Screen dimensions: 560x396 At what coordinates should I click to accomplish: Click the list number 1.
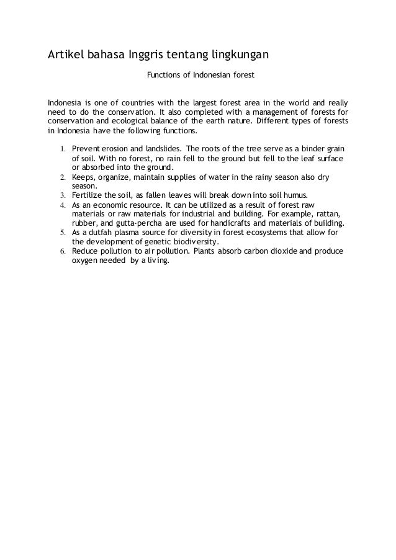pos(63,150)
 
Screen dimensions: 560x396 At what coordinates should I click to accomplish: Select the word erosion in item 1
pos(112,149)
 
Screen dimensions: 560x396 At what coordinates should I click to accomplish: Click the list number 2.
pos(63,177)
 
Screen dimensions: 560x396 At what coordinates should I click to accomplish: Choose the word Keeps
pos(83,177)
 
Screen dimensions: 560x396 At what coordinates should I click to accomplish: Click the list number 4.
pos(63,205)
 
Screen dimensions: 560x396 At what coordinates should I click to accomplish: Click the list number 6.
pos(63,251)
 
